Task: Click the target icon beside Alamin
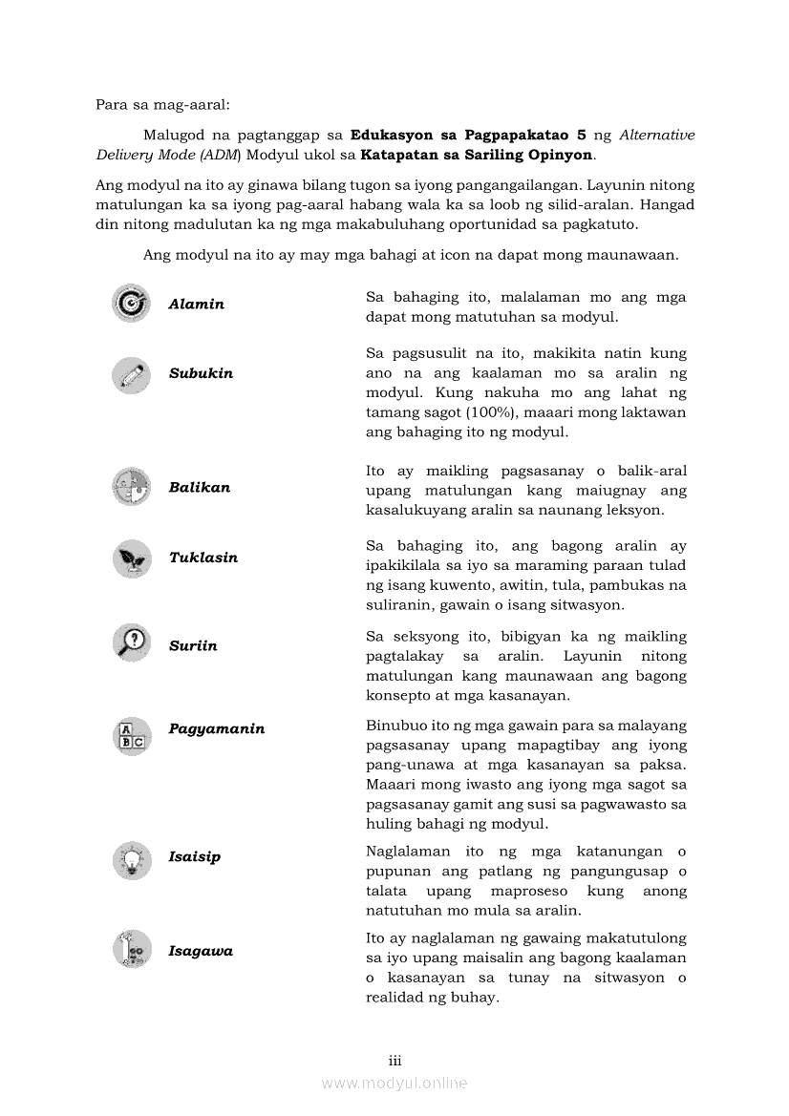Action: tap(131, 304)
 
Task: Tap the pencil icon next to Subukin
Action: tap(131, 374)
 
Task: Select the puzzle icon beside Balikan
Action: tap(131, 487)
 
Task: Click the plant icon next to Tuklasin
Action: tap(131, 558)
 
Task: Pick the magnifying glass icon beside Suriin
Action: tap(131, 644)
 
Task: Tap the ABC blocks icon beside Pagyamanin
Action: tap(131, 736)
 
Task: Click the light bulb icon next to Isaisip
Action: tap(131, 860)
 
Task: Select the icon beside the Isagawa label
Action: tap(131, 949)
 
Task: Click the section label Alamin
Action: tap(196, 305)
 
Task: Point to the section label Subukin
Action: tap(201, 373)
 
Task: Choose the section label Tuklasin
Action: tap(203, 558)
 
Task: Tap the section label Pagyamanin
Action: tap(217, 729)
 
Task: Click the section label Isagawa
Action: tap(201, 951)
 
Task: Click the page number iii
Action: tap(394, 1060)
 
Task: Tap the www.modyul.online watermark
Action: tap(394, 1083)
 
